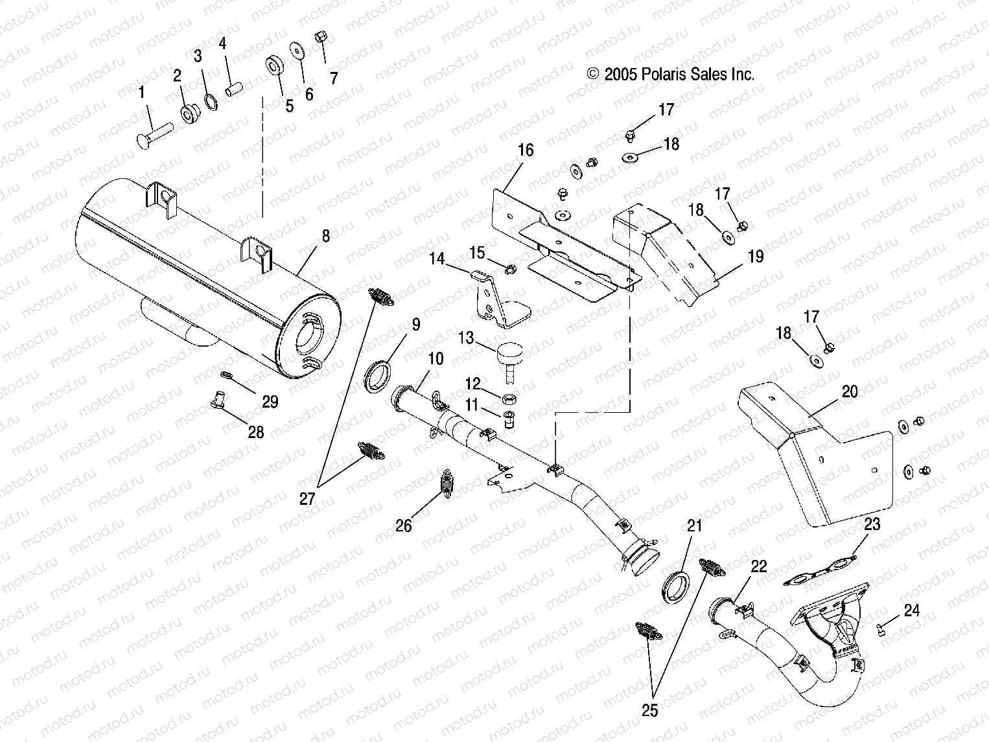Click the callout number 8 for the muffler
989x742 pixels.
[x=325, y=236]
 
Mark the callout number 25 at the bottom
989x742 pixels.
[x=649, y=711]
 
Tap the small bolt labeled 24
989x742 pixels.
[x=881, y=627]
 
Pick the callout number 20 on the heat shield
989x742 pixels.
[x=849, y=391]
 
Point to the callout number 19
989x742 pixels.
[x=756, y=256]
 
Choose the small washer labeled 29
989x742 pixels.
[x=226, y=374]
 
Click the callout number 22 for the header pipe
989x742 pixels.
[x=758, y=566]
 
